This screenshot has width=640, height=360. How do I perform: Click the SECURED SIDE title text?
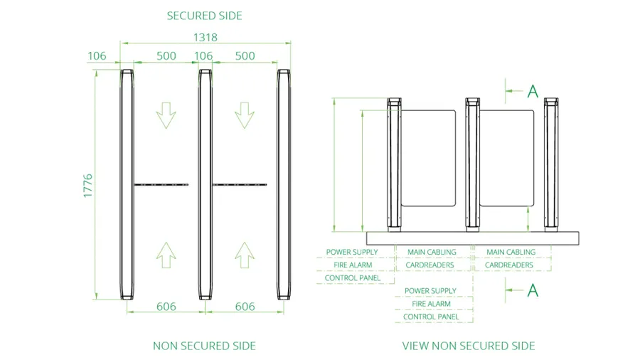tap(205, 16)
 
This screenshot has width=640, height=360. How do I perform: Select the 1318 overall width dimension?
tap(206, 38)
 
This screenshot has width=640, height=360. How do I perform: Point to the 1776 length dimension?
tap(87, 186)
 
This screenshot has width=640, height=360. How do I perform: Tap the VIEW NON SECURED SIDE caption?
tap(469, 346)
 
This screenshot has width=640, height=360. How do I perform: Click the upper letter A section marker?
tap(533, 92)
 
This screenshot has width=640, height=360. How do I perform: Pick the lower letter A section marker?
tap(533, 290)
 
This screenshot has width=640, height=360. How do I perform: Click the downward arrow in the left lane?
tap(166, 115)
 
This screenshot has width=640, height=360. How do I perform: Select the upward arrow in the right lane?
tap(245, 255)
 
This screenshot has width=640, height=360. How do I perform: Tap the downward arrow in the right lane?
tap(245, 115)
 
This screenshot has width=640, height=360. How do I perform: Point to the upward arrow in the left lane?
tap(166, 255)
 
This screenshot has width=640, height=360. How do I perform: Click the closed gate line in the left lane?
tap(161, 185)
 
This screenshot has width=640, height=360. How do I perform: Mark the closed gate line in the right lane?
tap(240, 185)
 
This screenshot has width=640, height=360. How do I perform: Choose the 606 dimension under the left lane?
tap(166, 307)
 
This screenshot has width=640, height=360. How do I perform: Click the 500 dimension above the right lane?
tap(245, 56)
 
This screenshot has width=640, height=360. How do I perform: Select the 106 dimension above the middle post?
tap(203, 56)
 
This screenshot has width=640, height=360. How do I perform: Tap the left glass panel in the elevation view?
tap(428, 158)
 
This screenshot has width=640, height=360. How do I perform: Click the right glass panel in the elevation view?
tap(506, 158)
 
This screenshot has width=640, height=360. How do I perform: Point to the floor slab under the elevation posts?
tap(473, 238)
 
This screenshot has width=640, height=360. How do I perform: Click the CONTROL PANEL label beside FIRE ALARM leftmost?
tap(353, 278)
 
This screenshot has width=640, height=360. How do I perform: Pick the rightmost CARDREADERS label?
tap(509, 265)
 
